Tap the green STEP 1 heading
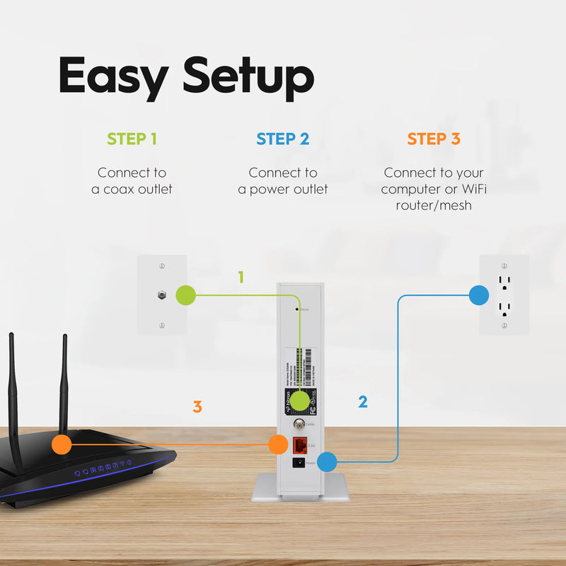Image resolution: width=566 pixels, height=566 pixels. (x=132, y=139)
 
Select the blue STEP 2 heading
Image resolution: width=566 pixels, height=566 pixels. (x=283, y=139)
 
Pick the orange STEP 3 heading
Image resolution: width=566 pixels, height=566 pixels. (x=434, y=139)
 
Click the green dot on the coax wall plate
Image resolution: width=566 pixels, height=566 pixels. (x=185, y=295)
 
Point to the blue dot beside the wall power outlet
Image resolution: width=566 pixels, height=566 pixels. (x=479, y=295)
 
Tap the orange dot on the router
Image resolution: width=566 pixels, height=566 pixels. (x=62, y=444)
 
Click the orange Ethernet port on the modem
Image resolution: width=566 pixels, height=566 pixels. (x=299, y=445)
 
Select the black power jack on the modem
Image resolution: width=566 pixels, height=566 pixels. (x=299, y=463)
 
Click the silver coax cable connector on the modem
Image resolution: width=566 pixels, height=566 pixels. (x=299, y=425)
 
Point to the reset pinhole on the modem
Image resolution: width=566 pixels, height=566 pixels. (x=296, y=309)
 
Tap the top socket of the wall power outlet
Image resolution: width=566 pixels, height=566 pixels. (x=504, y=282)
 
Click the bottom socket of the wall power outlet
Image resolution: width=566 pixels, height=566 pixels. (x=504, y=308)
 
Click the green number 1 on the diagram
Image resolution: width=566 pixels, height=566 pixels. (x=241, y=277)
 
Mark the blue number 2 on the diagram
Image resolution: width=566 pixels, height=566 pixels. (x=363, y=402)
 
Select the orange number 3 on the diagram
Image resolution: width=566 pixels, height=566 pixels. (x=197, y=407)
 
